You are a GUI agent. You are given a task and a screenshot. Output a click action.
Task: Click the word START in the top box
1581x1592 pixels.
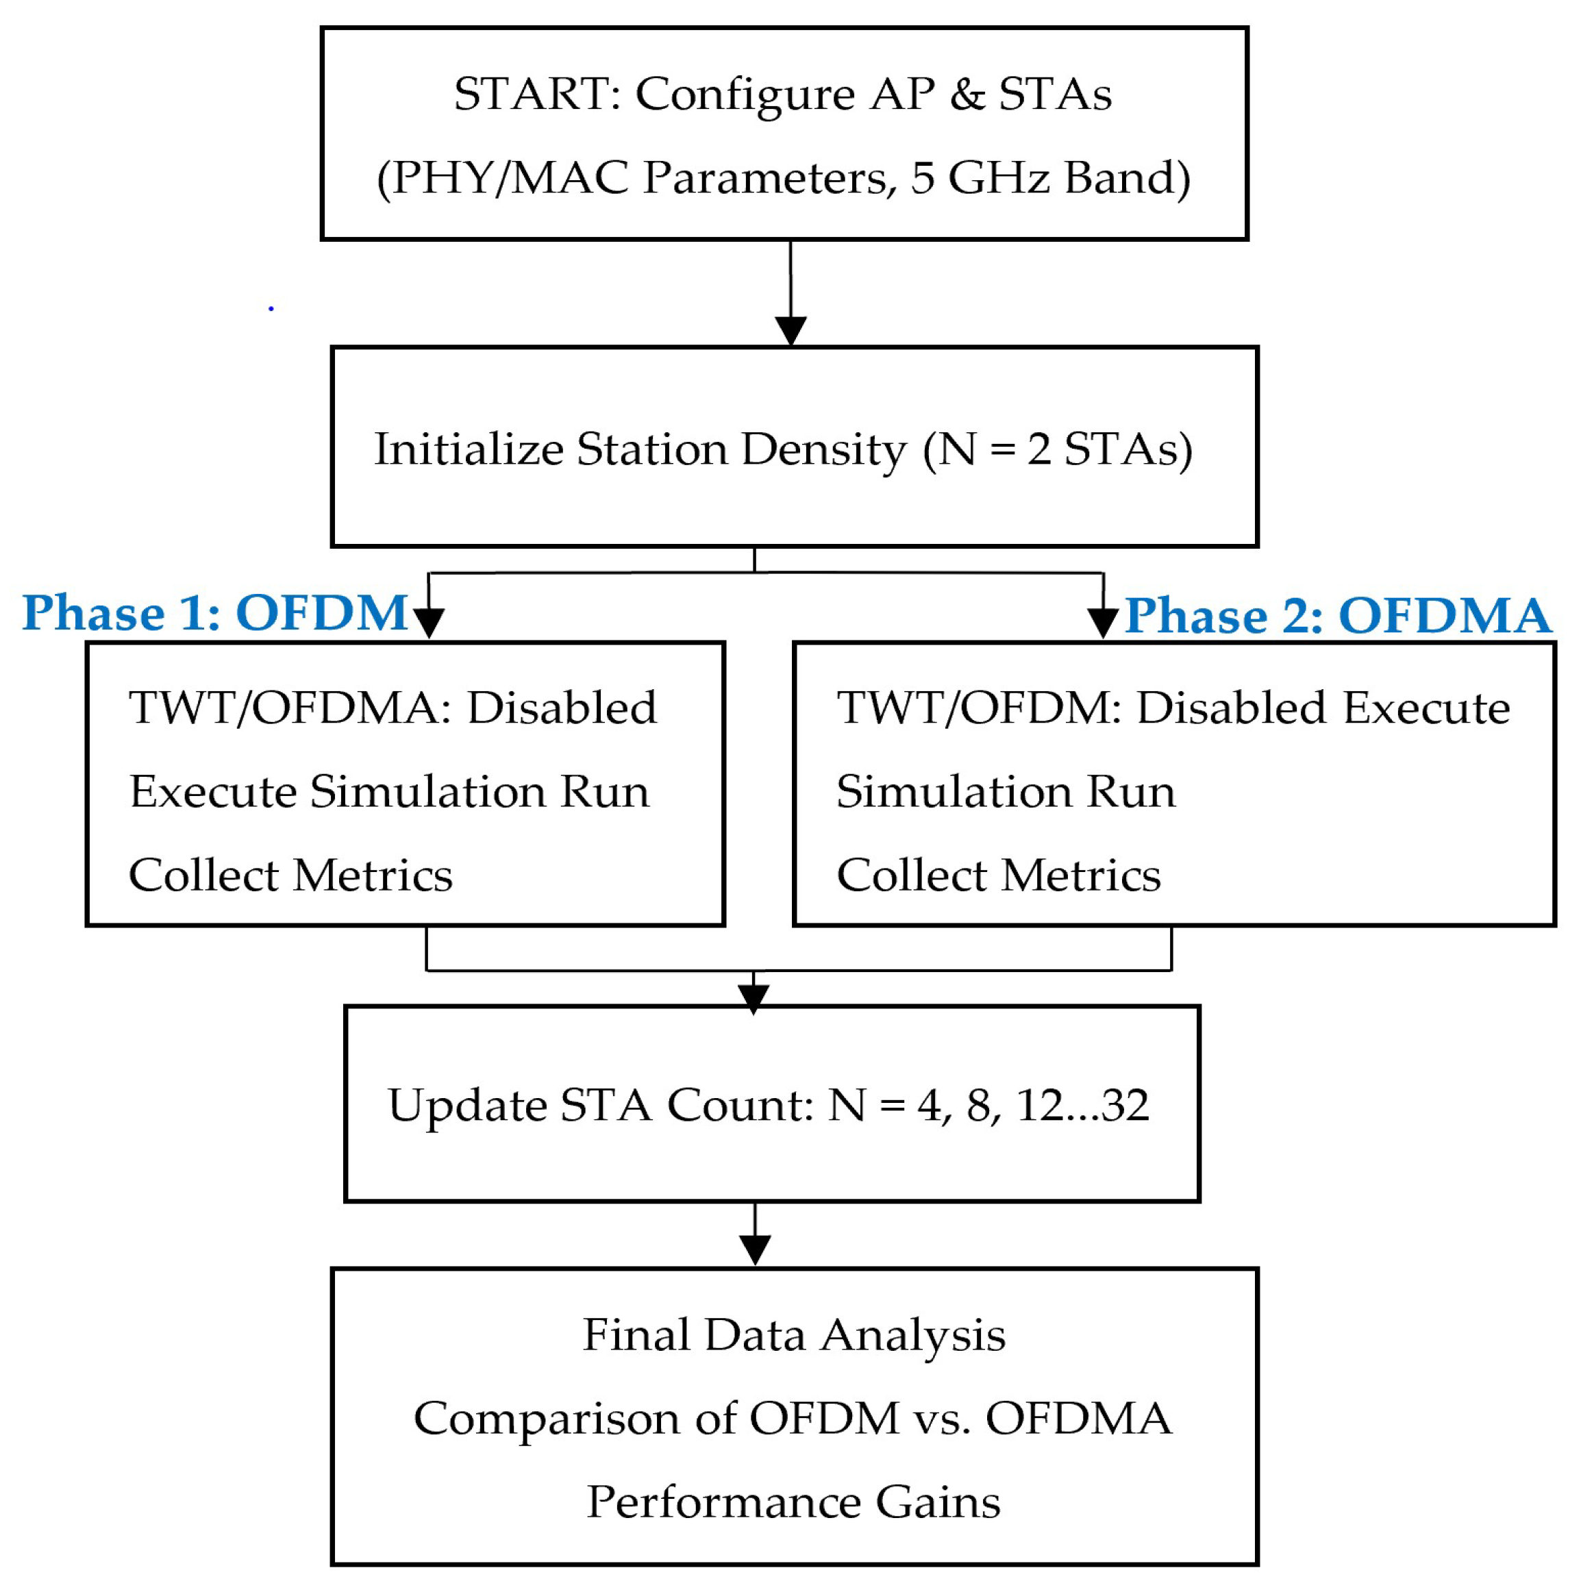tap(537, 94)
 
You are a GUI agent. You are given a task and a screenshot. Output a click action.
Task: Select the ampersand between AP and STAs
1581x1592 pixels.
tap(967, 94)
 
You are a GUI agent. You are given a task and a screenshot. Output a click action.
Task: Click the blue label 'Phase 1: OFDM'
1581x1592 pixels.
tap(215, 613)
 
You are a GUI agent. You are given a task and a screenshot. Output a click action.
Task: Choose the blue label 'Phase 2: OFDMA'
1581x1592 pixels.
tap(1338, 616)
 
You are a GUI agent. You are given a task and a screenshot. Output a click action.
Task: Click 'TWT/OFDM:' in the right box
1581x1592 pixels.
tap(980, 708)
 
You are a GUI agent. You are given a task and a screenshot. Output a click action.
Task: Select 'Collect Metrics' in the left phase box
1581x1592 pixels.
tap(291, 875)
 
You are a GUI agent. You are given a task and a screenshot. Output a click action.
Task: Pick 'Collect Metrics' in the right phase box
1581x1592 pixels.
tap(999, 875)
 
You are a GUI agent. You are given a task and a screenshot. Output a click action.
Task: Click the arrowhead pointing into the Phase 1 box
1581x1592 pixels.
tap(428, 623)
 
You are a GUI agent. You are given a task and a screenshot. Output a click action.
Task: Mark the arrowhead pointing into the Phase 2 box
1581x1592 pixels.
tap(1102, 623)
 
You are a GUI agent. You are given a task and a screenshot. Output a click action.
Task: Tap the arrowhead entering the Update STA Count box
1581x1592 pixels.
tap(753, 998)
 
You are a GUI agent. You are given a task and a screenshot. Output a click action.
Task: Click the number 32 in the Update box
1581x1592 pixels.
tap(1125, 1106)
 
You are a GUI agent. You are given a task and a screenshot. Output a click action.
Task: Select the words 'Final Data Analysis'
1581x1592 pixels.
tap(794, 1335)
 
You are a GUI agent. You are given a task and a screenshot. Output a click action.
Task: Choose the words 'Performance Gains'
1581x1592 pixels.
tap(793, 1502)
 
